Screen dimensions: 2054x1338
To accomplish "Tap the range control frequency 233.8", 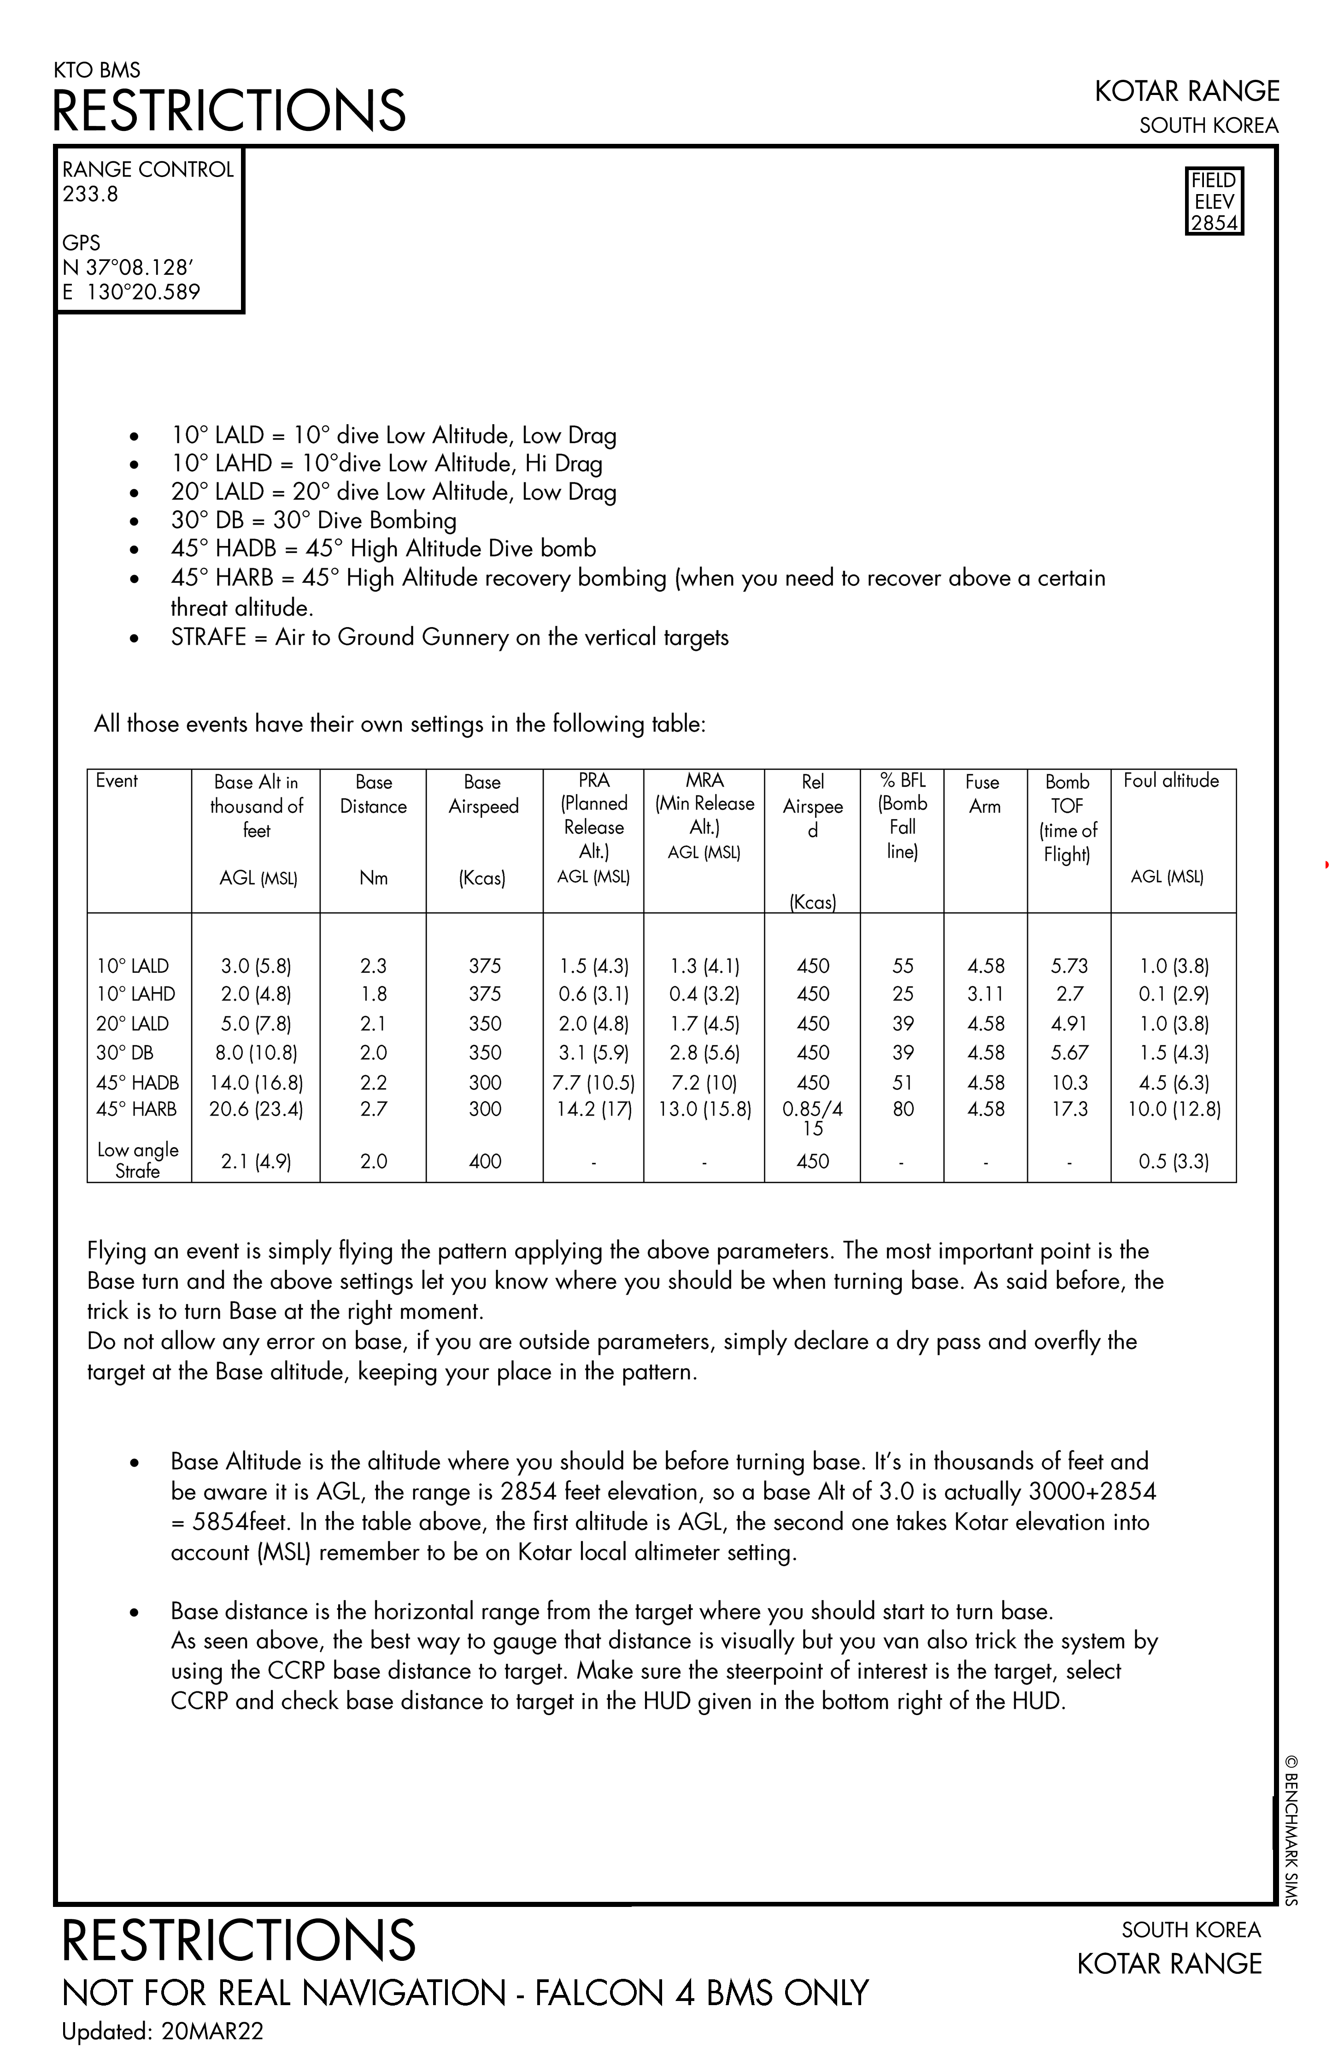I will click(90, 194).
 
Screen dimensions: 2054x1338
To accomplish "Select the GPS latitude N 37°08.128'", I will click(128, 267).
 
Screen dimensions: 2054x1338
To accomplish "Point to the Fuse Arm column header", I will click(983, 794).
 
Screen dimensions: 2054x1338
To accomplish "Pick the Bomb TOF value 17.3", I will click(1069, 1109).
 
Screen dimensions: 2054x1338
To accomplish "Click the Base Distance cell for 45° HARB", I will click(374, 1109).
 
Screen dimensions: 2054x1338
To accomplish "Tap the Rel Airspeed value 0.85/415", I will click(813, 1118).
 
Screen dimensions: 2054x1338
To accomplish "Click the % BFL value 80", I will click(902, 1109).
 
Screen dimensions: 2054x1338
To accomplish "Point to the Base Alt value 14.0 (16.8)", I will click(256, 1082).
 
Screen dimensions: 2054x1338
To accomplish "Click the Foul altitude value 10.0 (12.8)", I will click(1173, 1109).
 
